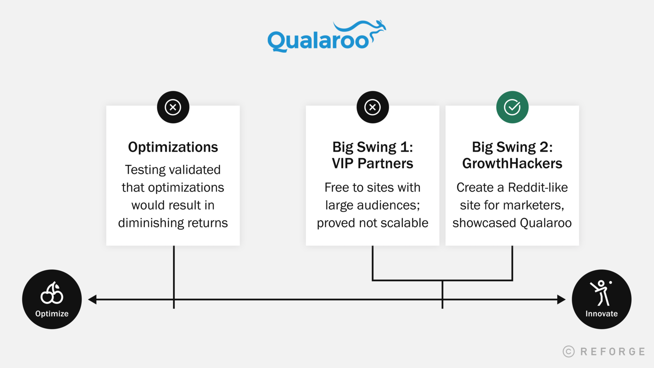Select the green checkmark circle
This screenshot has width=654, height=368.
(512, 107)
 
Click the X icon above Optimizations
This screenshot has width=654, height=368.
(173, 107)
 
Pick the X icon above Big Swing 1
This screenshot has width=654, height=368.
(372, 107)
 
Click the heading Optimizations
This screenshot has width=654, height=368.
(173, 147)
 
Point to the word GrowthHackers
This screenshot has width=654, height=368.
(512, 163)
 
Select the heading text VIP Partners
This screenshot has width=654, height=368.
(372, 163)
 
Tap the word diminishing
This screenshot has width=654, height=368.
(150, 223)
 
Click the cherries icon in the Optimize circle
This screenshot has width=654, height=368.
(52, 293)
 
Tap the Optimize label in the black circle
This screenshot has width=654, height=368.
(52, 313)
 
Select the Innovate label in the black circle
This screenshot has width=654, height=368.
(601, 313)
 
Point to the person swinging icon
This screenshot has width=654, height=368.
(601, 293)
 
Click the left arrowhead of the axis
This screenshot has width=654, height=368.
(92, 300)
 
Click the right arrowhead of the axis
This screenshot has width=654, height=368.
(561, 300)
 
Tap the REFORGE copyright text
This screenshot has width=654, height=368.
(604, 351)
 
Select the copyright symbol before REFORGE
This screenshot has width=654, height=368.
(569, 351)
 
